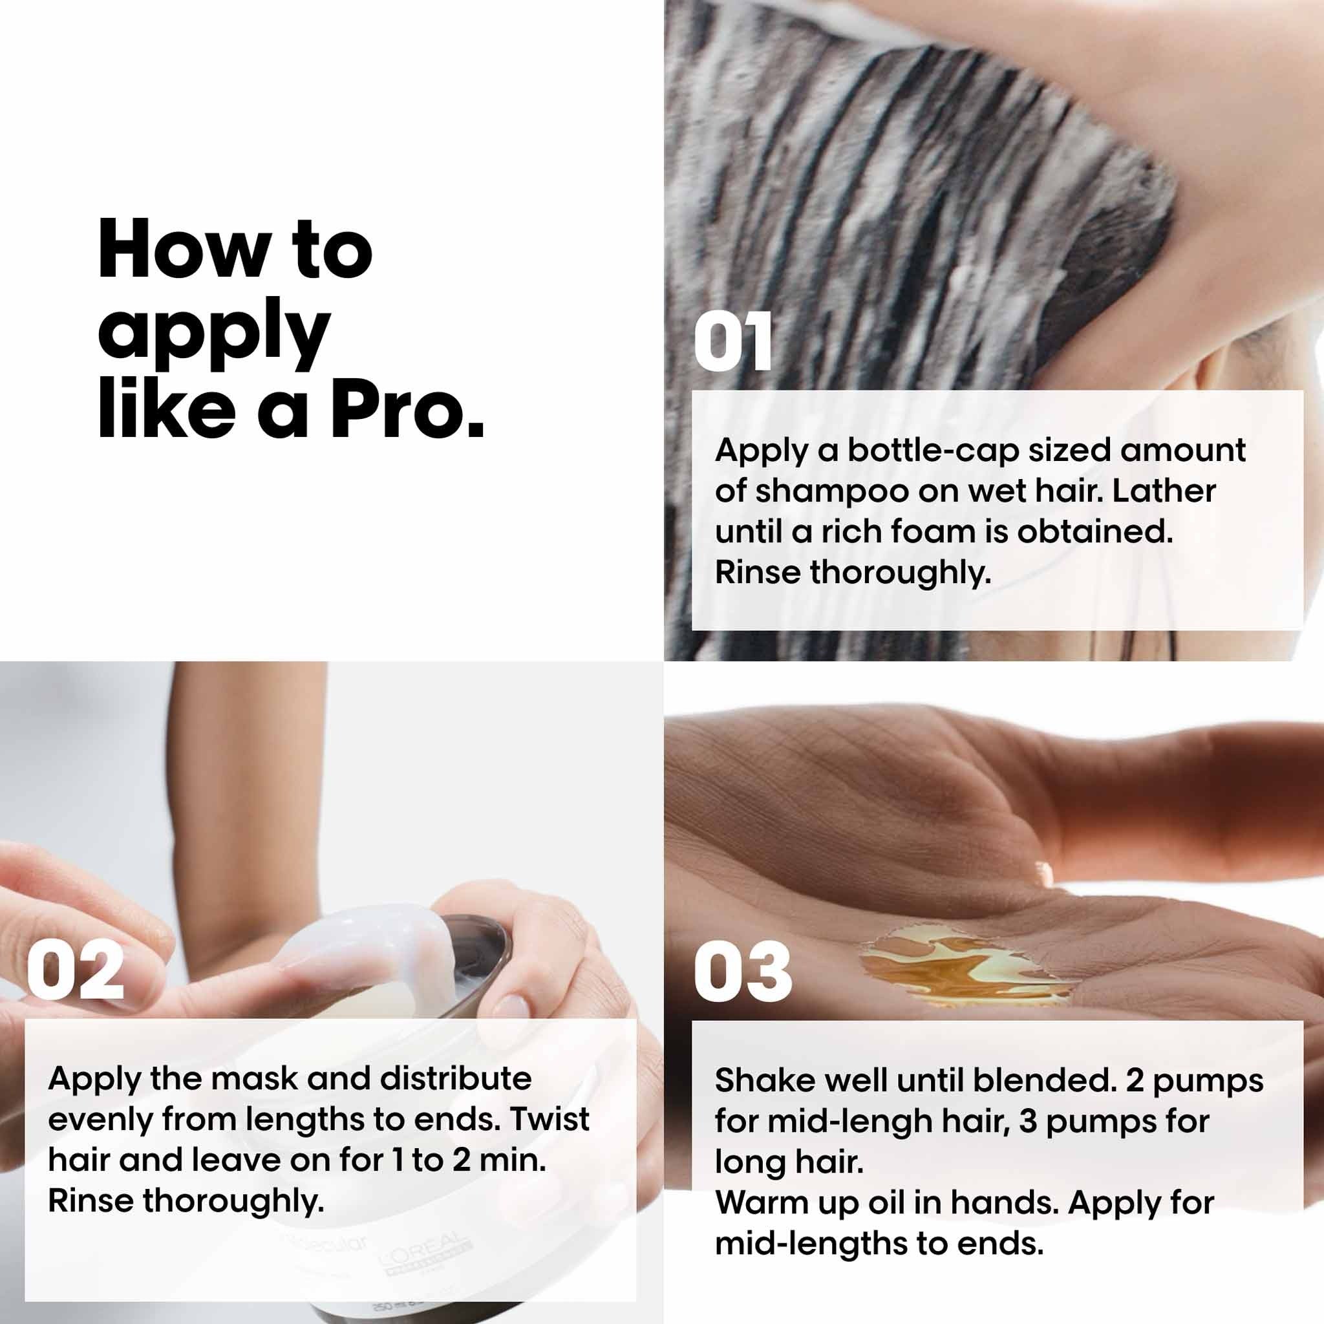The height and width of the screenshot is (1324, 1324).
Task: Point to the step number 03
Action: click(x=743, y=971)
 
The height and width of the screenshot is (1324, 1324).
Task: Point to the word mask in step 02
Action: click(x=253, y=1079)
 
